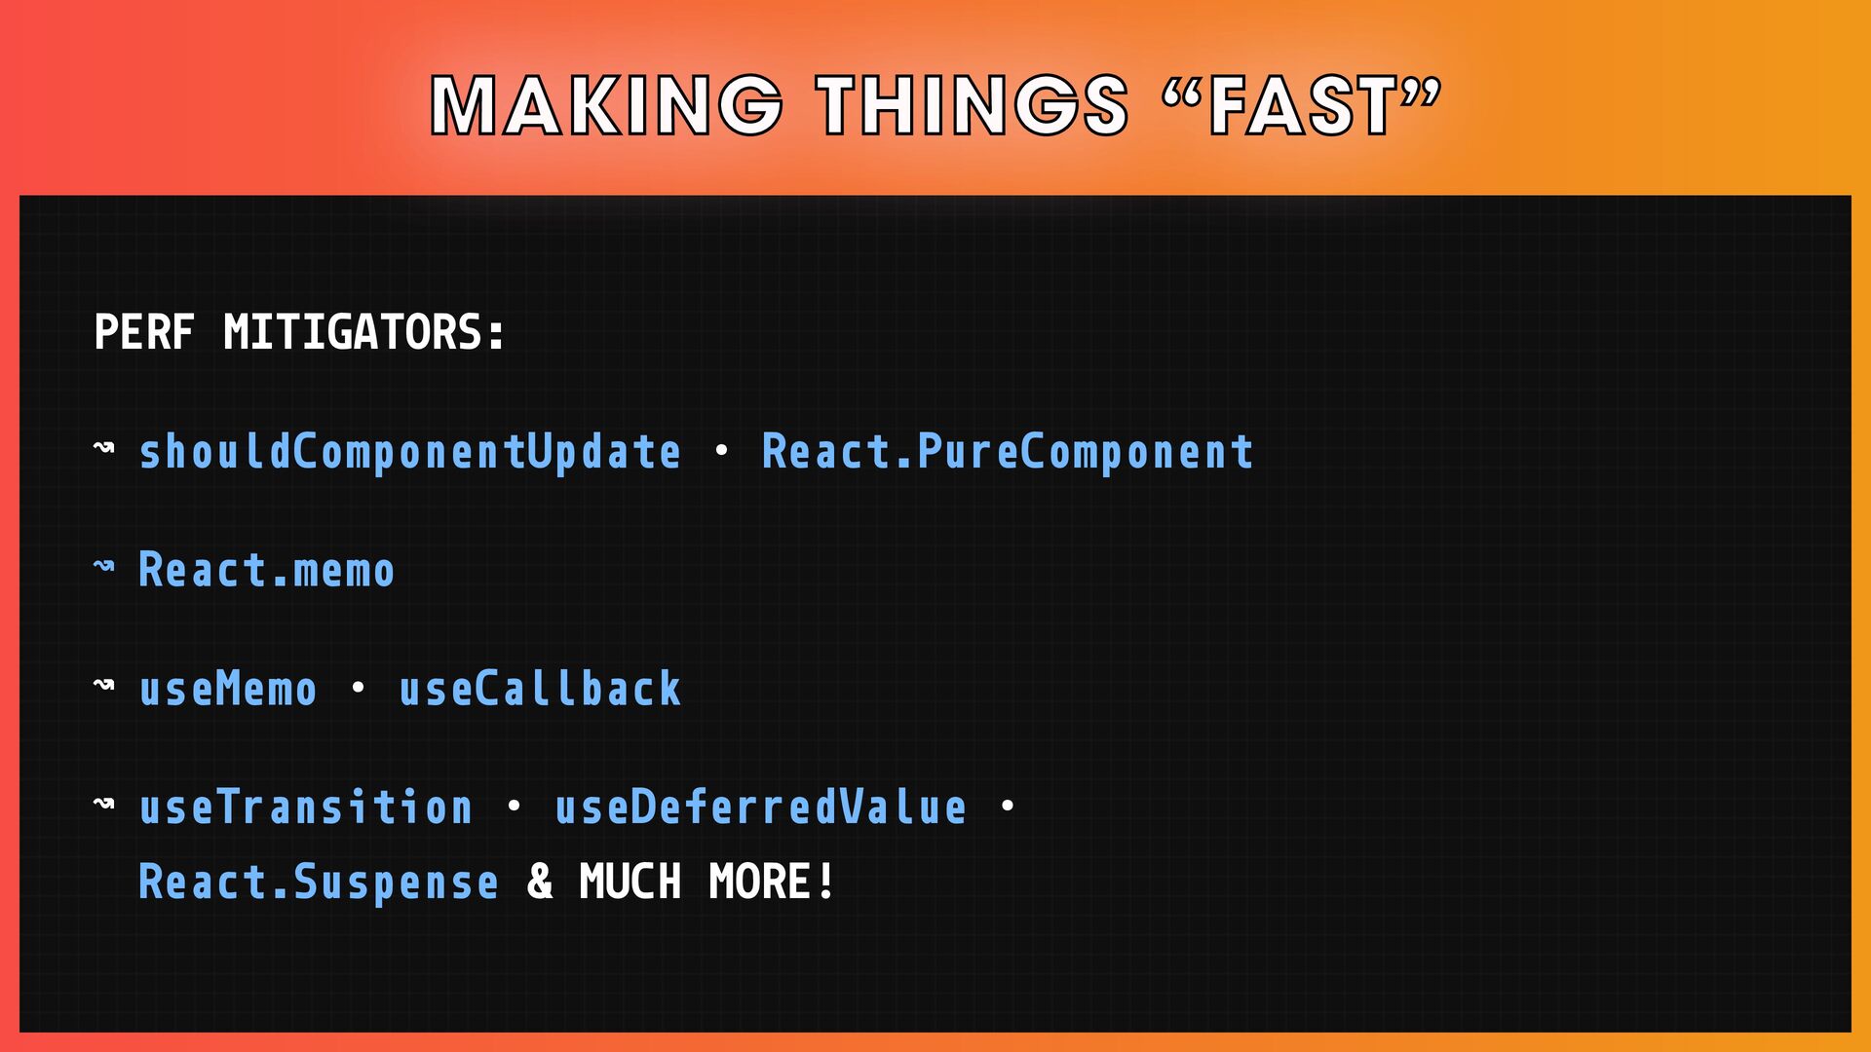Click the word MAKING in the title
point(606,105)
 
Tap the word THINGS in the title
point(973,105)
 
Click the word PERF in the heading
point(144,332)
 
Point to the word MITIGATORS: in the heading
point(365,332)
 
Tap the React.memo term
point(267,570)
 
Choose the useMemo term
point(228,689)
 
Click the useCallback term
point(540,689)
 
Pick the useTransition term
point(306,808)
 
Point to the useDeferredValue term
point(761,808)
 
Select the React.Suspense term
point(319,883)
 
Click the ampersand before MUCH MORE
point(540,883)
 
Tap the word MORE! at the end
point(772,883)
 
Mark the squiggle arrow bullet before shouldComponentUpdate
point(104,448)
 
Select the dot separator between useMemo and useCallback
point(358,688)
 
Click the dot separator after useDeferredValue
point(1008,807)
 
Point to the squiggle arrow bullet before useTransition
point(104,804)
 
